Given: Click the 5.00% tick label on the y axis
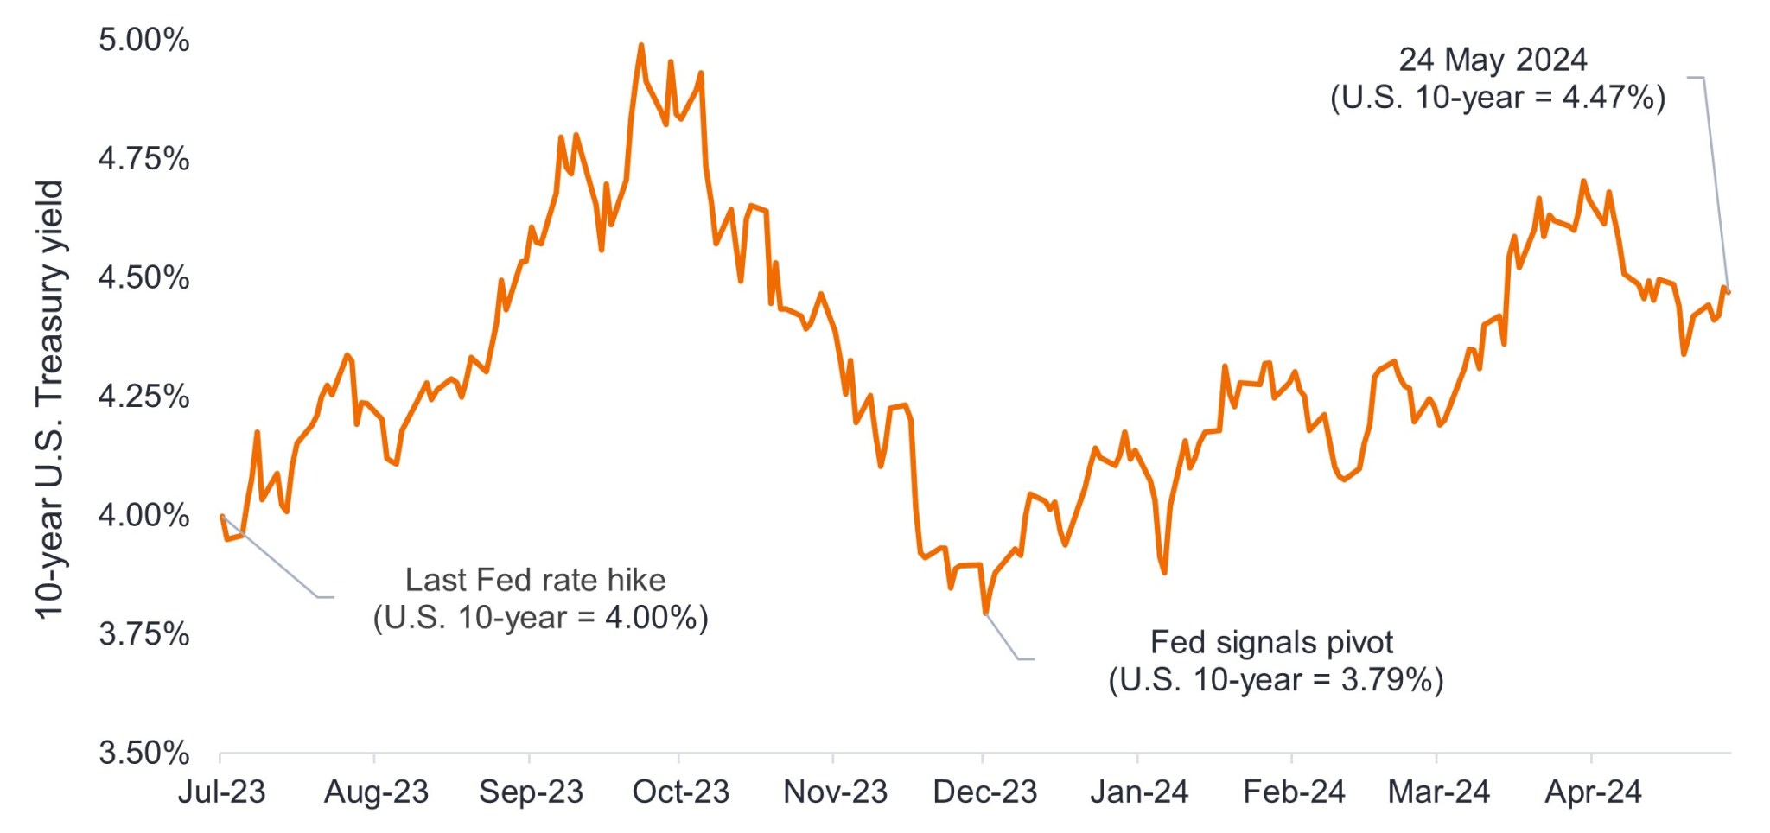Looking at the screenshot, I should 143,41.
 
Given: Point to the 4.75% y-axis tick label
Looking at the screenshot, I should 143,159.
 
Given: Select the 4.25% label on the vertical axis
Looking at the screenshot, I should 143,397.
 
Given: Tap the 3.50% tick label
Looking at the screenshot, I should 143,754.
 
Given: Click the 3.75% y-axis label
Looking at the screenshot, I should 143,634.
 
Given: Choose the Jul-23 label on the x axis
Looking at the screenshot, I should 221,792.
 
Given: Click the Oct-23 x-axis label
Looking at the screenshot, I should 681,792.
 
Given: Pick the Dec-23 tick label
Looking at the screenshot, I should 984,792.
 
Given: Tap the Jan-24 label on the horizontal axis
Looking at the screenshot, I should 1139,792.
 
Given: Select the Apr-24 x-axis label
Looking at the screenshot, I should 1593,792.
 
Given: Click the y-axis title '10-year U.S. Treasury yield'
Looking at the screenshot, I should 50,399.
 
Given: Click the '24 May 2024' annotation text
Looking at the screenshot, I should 1493,60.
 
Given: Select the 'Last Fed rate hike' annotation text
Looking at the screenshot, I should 535,580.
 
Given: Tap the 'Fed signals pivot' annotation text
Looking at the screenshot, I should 1271,643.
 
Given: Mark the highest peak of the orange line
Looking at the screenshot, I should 640,45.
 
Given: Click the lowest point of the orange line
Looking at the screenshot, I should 985,613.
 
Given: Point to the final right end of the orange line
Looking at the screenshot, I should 1728,292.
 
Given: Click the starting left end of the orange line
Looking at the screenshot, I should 222,516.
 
